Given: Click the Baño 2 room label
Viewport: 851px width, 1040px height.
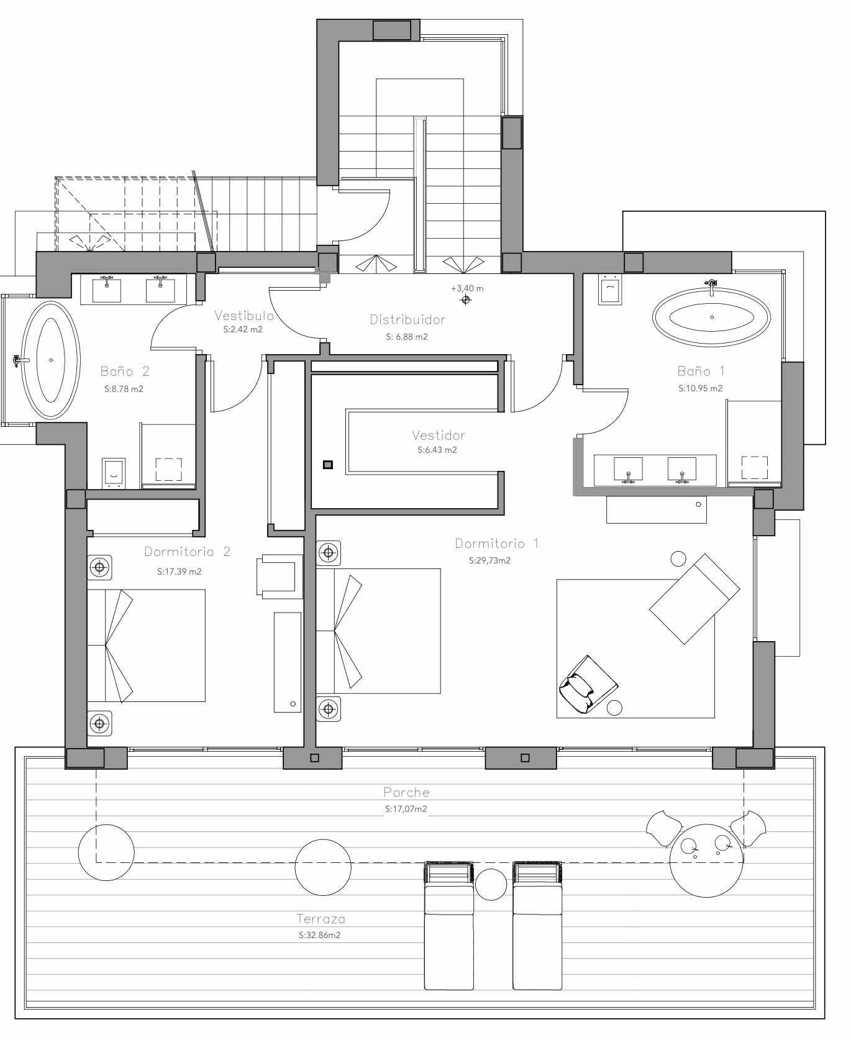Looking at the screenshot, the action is [x=125, y=372].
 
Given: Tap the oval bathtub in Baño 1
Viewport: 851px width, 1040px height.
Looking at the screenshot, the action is [x=711, y=317].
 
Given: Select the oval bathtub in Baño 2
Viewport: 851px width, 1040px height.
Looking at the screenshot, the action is [x=51, y=360].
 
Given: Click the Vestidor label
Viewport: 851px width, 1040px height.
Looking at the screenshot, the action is [x=439, y=436].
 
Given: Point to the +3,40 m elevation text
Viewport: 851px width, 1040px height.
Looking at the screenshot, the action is [x=467, y=288].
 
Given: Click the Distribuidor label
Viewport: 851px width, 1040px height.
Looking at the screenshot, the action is [x=407, y=319].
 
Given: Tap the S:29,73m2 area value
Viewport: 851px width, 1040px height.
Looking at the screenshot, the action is [x=489, y=560].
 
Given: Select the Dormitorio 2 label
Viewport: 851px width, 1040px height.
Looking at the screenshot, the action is [x=187, y=552].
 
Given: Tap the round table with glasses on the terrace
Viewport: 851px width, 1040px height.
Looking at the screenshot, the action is [x=706, y=860].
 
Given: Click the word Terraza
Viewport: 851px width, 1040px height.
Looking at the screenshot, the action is [x=321, y=919].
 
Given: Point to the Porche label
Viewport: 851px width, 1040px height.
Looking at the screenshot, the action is [x=406, y=792].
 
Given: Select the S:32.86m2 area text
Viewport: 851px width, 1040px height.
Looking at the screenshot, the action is [x=319, y=935].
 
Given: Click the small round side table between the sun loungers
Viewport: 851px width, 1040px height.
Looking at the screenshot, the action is [x=491, y=884].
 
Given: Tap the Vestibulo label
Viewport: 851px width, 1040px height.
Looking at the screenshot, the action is [x=244, y=316].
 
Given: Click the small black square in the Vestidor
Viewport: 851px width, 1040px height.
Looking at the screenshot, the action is [x=327, y=465].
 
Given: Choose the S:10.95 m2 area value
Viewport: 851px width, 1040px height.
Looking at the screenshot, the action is [x=700, y=388].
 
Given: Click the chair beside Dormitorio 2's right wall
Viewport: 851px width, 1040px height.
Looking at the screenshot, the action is [x=278, y=575].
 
